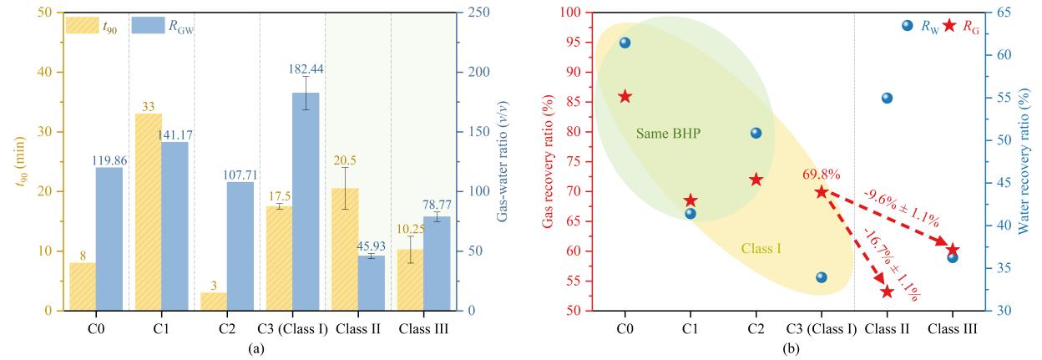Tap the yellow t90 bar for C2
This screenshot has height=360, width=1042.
(213, 302)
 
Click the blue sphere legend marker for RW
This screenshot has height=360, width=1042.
(908, 26)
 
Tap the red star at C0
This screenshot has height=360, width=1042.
(625, 97)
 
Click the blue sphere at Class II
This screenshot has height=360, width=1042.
(887, 98)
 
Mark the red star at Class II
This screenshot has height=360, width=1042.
(887, 292)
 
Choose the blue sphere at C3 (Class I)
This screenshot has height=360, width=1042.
(822, 277)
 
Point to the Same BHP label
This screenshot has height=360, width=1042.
(668, 134)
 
